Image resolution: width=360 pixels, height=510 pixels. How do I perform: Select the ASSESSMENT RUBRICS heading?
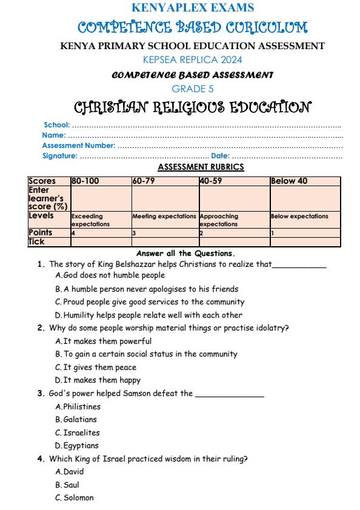click(201, 167)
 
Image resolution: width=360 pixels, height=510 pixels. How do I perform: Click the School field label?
click(57, 124)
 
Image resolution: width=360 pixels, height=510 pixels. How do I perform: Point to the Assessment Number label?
click(78, 146)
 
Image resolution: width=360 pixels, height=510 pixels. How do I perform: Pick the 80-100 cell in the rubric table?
click(85, 181)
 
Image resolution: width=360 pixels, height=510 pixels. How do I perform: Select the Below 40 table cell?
click(290, 181)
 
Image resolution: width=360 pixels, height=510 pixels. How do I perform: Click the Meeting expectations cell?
click(164, 216)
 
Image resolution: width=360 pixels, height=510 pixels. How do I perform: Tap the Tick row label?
click(38, 241)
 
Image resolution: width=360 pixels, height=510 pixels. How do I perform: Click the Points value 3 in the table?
click(134, 233)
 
